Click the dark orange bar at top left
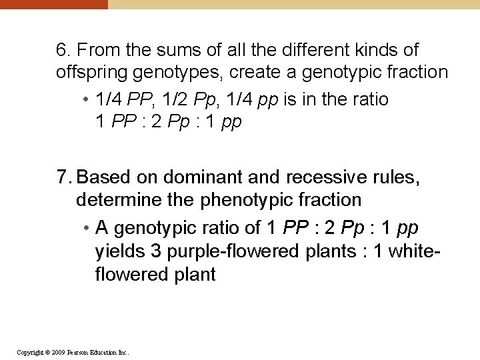coord(53,4)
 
